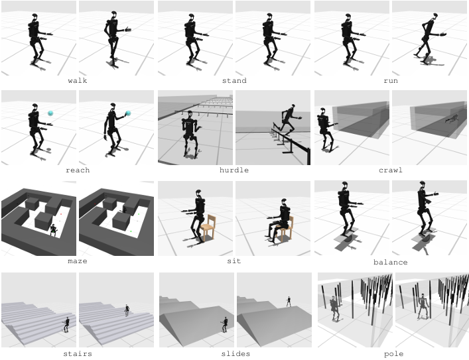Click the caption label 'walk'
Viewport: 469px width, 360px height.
[78, 81]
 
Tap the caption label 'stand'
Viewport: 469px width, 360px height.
[234, 81]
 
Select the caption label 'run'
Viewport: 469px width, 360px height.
[391, 81]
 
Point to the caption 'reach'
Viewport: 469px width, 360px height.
[78, 170]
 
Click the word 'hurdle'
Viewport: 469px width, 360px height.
[234, 170]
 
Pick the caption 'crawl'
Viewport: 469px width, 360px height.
[391, 170]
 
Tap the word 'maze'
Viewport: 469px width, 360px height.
[78, 261]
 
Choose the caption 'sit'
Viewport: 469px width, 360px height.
[234, 261]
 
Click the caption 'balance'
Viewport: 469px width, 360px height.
[391, 263]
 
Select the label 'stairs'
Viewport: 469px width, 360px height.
[78, 354]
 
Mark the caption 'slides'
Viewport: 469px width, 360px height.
[235, 354]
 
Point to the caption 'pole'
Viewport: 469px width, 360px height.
[393, 354]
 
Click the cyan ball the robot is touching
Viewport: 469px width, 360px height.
[128, 113]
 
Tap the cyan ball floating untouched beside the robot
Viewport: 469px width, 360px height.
[50, 113]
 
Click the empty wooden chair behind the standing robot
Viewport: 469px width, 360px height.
[208, 227]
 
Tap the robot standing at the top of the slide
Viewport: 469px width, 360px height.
[289, 301]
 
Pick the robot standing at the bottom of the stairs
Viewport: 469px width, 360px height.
[66, 324]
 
